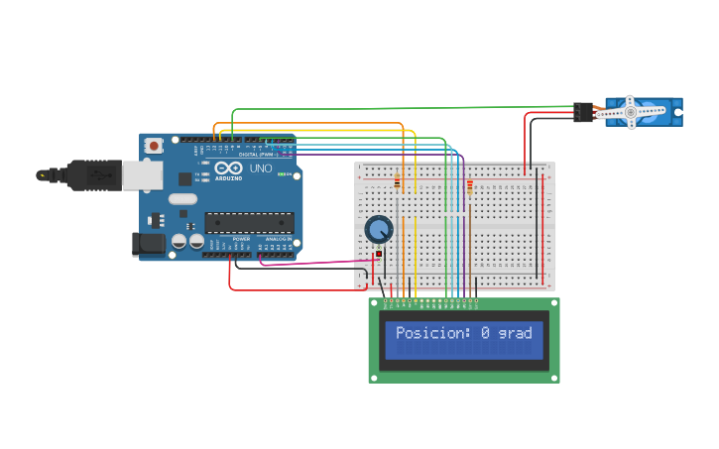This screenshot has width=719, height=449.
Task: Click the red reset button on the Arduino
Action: (x=154, y=146)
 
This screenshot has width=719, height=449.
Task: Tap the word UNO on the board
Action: (x=260, y=168)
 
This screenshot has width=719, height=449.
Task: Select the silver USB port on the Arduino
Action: (x=142, y=175)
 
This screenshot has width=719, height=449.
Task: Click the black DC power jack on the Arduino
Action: (x=148, y=244)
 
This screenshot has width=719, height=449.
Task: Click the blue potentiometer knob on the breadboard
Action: (x=378, y=230)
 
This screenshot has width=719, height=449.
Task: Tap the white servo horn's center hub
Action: (x=630, y=112)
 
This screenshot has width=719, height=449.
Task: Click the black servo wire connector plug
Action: (x=582, y=112)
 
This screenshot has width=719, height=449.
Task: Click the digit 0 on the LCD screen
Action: (x=486, y=333)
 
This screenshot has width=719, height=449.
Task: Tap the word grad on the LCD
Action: (x=516, y=334)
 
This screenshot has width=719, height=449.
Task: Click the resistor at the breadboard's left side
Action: (x=398, y=182)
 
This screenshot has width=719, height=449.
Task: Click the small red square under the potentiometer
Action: (x=379, y=255)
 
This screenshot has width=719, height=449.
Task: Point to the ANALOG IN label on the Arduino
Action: (x=278, y=239)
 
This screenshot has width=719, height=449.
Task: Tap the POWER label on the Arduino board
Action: (x=242, y=239)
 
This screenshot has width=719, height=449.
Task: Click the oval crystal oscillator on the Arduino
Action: (x=182, y=198)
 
